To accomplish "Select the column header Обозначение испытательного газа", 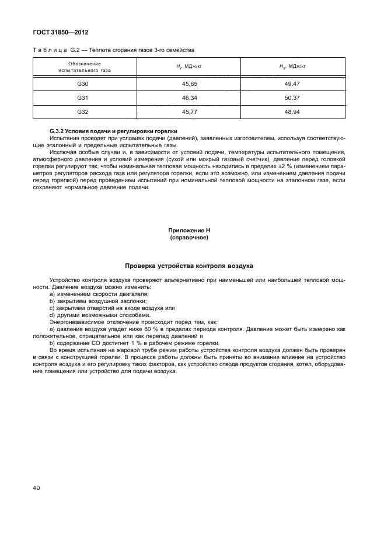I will [x=85, y=67].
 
